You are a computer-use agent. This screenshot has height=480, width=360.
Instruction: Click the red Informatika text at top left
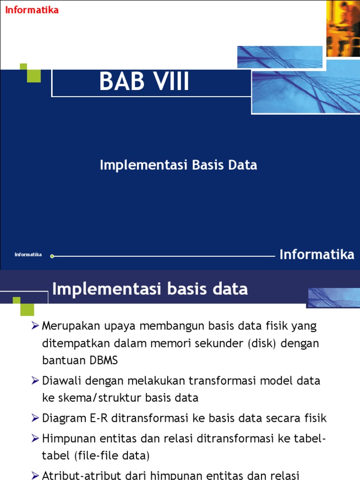click(32, 10)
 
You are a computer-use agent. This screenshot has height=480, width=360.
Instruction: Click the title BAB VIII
click(144, 82)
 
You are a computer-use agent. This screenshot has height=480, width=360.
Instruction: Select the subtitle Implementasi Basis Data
click(178, 165)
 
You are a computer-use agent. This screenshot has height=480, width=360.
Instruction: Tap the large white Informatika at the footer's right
click(317, 255)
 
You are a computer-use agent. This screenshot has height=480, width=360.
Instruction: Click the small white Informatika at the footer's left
click(28, 255)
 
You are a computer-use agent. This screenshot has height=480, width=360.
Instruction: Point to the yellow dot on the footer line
click(52, 256)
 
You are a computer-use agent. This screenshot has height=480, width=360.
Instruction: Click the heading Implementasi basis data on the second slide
click(150, 289)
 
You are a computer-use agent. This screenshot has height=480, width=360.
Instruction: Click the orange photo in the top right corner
click(343, 28)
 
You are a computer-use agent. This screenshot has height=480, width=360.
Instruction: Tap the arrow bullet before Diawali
click(35, 381)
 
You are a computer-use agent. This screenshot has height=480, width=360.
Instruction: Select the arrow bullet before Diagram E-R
click(35, 418)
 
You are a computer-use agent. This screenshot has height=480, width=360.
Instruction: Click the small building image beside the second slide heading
click(333, 297)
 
